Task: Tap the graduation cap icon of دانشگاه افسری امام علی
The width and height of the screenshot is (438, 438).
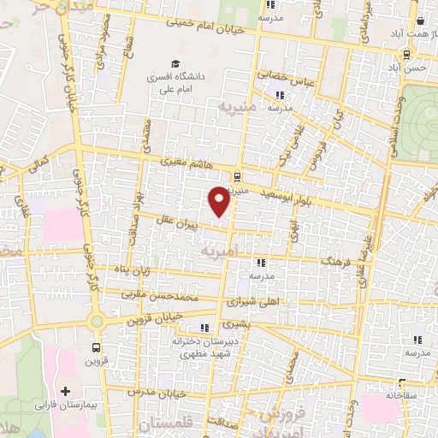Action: point(175,63)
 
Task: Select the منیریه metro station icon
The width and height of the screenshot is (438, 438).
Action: point(237,177)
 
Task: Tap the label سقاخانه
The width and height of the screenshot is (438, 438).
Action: point(400,396)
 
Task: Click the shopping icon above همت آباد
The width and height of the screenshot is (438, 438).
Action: point(421,22)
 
